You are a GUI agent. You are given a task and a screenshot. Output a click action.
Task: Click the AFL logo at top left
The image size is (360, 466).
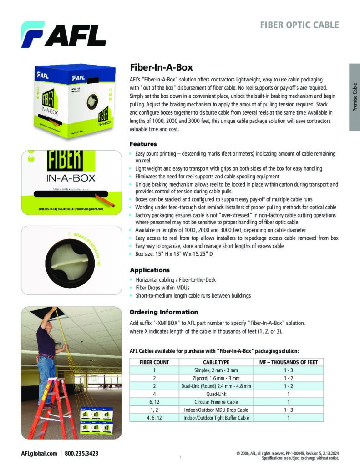pos(63,35)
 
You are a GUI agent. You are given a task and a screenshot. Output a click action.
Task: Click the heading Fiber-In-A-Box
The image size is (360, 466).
pos(161,67)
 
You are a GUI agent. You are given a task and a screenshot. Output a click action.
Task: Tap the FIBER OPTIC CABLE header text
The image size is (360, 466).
pos(299,25)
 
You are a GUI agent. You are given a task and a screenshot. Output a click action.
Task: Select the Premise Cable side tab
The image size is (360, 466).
pos(355,97)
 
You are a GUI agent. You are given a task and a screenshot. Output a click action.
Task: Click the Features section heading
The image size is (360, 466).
pos(143,144)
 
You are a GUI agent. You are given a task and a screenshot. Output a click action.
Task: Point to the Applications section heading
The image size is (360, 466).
pos(149,270)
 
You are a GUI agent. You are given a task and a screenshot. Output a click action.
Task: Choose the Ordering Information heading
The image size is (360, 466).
pos(164,312)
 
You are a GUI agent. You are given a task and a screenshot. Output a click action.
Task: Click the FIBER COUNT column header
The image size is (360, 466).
pos(154,362)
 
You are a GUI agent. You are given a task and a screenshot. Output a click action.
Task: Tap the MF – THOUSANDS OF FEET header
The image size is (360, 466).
pos(288,362)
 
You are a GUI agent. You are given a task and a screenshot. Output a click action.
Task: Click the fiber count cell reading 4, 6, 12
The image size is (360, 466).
pos(154,418)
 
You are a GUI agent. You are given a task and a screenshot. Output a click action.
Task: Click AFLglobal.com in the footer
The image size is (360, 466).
pos(39,453)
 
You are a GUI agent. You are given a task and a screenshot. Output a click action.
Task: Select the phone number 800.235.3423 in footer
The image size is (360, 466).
pos(81,453)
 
